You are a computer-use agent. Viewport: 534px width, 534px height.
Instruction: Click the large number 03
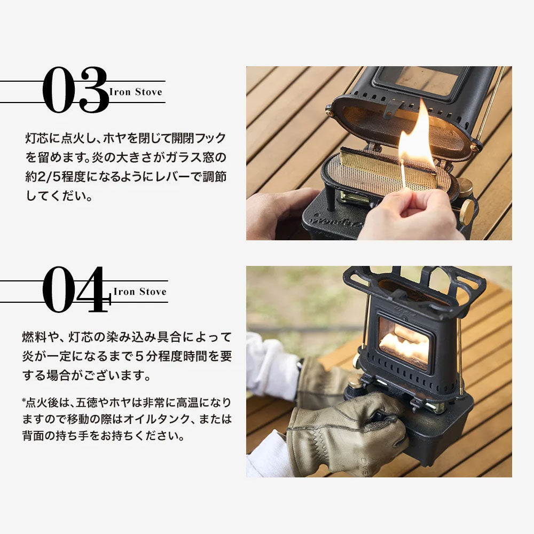tap(75, 90)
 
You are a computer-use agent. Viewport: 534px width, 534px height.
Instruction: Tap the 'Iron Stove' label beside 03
tap(136, 92)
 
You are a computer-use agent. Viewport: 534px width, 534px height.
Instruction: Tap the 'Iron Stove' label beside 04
tap(140, 292)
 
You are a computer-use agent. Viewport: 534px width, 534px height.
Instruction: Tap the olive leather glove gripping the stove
tap(348, 433)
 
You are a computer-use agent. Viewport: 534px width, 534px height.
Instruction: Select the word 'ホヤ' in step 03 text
tap(115, 138)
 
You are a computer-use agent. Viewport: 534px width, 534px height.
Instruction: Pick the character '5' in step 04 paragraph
tap(139, 356)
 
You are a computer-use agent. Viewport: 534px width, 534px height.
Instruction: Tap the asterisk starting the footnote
tap(24, 400)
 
